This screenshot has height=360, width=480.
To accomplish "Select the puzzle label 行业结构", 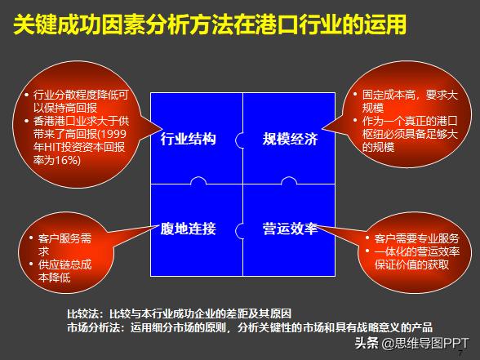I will [189, 139].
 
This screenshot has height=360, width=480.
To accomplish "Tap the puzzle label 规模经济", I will [290, 139].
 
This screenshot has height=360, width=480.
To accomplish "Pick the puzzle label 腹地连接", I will [189, 229].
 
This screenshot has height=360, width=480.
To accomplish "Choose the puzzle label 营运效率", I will [290, 229].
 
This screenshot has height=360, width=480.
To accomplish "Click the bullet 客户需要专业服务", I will [416, 238].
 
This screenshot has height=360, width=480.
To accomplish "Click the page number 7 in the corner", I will [471, 354].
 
